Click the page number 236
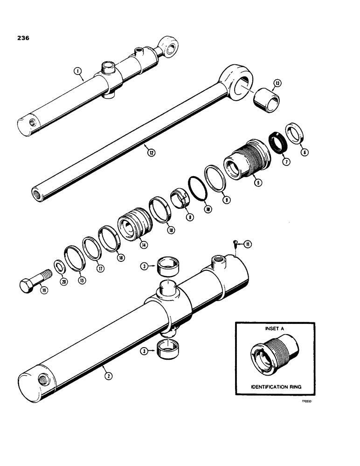click(21, 39)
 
